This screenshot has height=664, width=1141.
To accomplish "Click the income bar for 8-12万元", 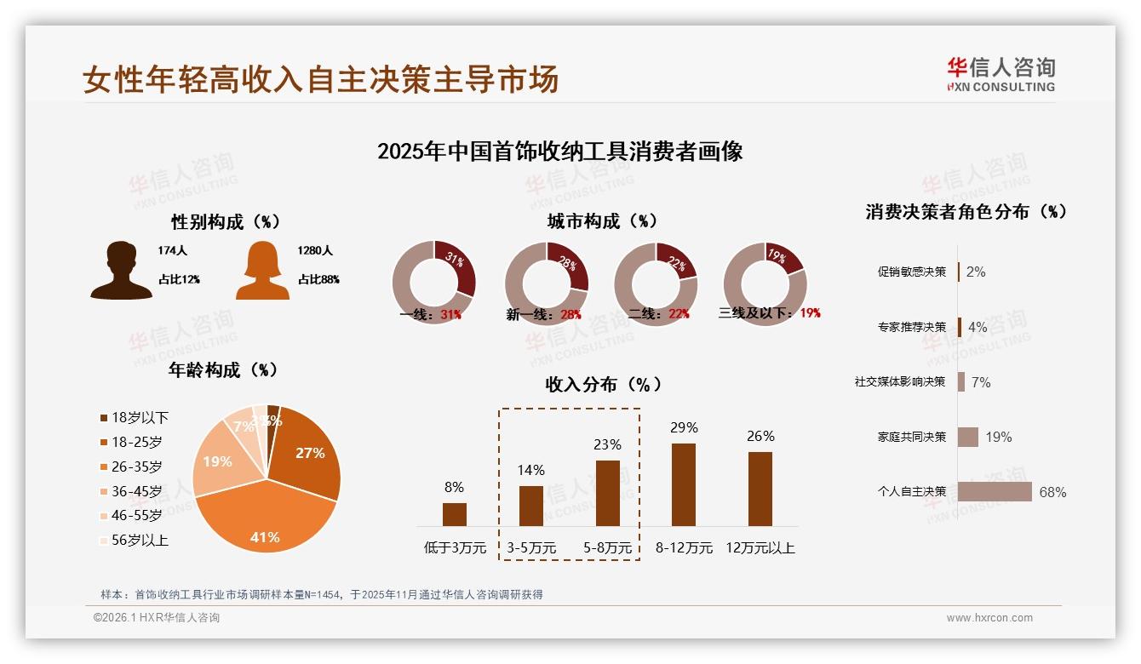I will pos(683,484).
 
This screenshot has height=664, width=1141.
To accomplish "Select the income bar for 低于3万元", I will pos(454,514).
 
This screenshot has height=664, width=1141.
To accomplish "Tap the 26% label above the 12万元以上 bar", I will pos(760,436).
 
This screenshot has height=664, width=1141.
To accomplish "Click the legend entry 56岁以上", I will pos(134,540).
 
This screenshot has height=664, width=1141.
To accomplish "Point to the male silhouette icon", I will pos(121,270).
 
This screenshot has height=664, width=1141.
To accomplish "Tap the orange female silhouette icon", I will pos(262,270).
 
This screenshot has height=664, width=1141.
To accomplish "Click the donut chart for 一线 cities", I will pos(433,283).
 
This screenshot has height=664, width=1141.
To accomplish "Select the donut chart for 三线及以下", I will pos(765,283).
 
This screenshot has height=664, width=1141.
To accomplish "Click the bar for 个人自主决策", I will pos(995,492).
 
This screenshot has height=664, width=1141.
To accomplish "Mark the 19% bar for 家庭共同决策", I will pos(968,437).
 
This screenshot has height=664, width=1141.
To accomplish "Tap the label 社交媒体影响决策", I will pos(900,382).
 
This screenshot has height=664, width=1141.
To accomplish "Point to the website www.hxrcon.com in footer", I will pos(989,618).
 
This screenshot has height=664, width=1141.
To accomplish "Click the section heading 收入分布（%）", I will pos(603,384).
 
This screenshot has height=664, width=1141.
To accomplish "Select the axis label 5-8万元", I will pos(607,548).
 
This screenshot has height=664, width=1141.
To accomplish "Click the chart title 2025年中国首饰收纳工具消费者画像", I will pos(559,152).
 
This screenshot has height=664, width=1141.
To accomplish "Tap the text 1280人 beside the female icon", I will pos(315,251).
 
